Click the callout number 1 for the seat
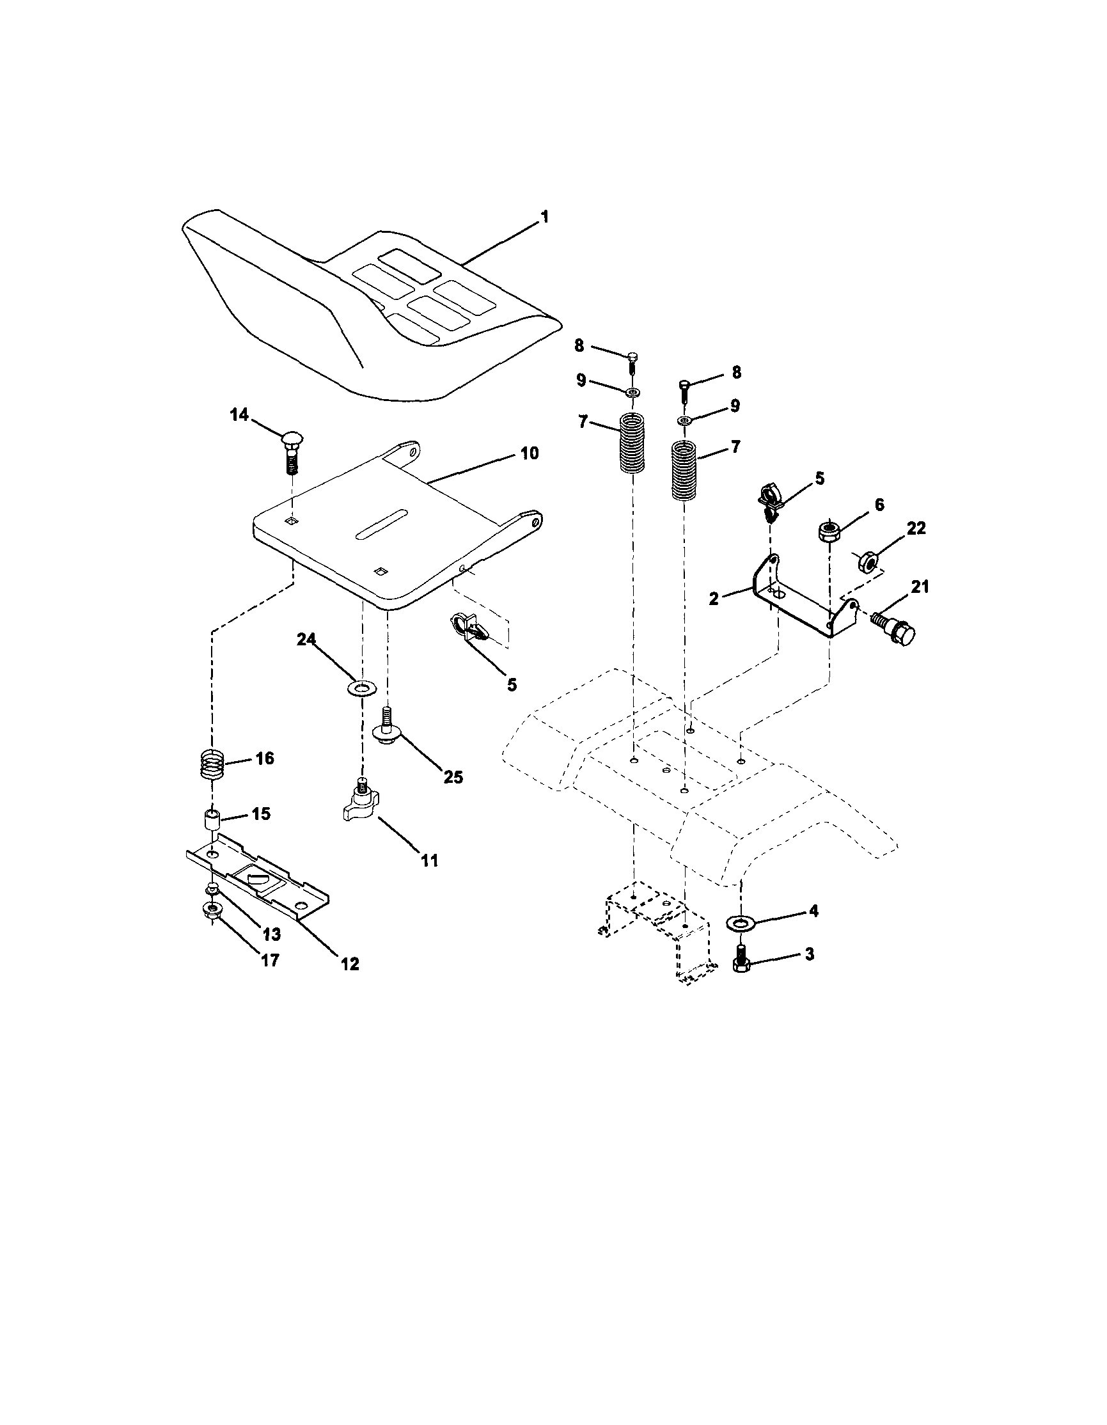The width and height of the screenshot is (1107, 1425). [x=545, y=217]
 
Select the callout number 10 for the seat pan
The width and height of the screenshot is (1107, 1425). [x=530, y=453]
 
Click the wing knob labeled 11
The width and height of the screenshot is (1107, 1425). [x=361, y=802]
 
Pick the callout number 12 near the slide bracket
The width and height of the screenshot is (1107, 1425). [x=350, y=964]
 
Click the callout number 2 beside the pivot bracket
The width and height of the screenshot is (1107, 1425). [x=714, y=598]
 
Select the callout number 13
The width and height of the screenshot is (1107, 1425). [x=271, y=934]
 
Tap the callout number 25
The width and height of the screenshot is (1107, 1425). [x=453, y=777]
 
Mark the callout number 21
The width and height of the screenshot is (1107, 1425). [x=919, y=587]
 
